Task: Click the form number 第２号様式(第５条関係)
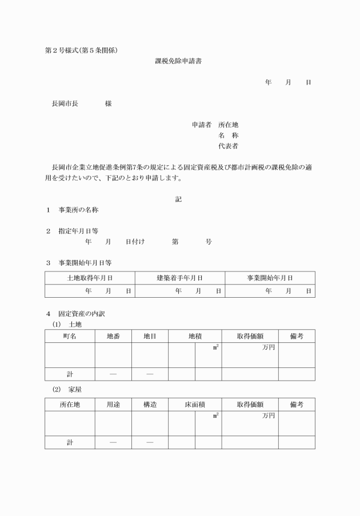click(x=82, y=50)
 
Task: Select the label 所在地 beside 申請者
click(x=228, y=125)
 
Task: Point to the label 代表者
click(x=228, y=146)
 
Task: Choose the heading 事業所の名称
click(x=78, y=210)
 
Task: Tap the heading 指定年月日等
click(x=78, y=231)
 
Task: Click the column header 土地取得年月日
click(x=90, y=278)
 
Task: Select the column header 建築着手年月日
click(x=180, y=278)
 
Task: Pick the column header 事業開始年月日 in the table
click(x=270, y=278)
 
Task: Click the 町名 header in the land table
click(x=70, y=337)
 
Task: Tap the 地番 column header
click(x=113, y=337)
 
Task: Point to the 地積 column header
click(x=195, y=337)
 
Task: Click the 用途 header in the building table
click(x=113, y=405)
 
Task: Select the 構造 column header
click(x=150, y=405)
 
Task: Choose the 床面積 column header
click(x=195, y=405)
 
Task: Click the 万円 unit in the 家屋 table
click(x=268, y=415)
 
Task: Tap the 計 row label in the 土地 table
click(x=70, y=374)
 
